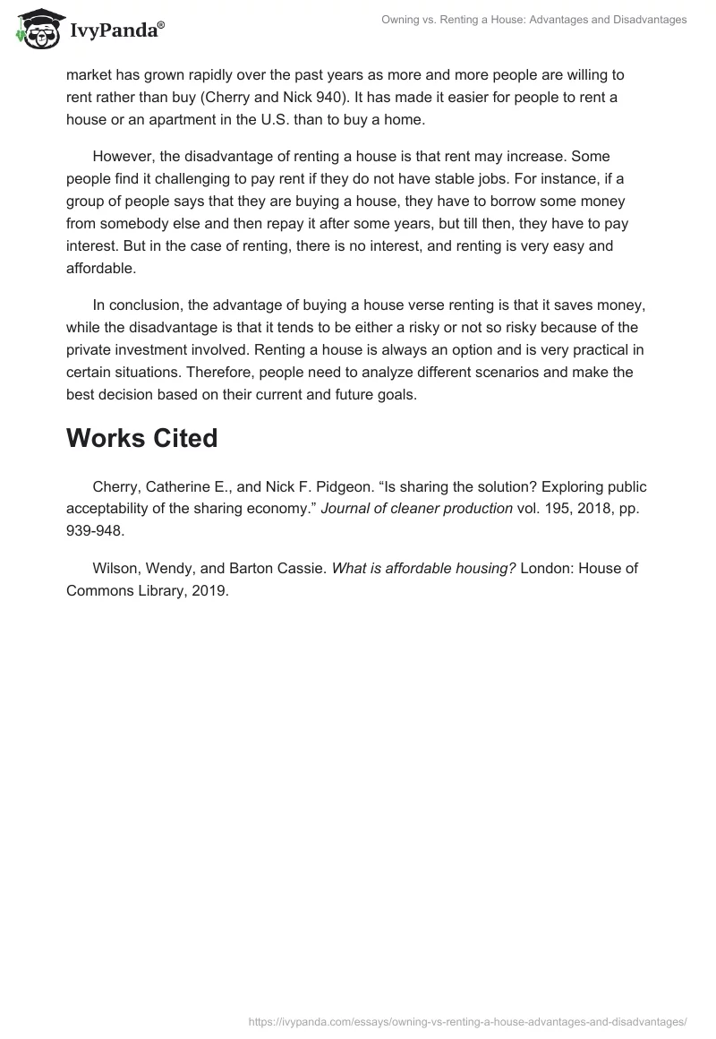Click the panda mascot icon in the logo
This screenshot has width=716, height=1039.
[x=37, y=30]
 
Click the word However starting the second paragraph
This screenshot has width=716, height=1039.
[x=124, y=157]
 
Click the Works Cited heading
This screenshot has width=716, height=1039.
[x=141, y=438]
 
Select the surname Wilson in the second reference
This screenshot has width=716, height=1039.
[x=115, y=569]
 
